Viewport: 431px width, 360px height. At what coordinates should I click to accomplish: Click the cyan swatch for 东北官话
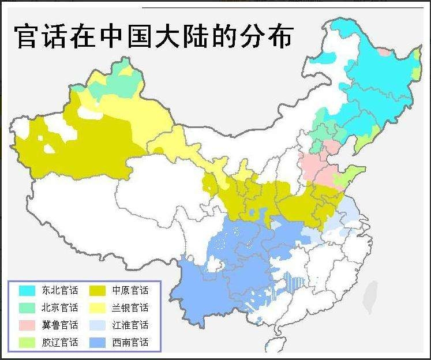pyautogui.click(x=27, y=290)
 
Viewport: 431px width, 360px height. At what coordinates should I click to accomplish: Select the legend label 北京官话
pyautogui.click(x=59, y=307)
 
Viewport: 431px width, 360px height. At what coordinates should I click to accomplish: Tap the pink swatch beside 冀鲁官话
pyautogui.click(x=27, y=325)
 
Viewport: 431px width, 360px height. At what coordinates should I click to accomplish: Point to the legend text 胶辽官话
pyautogui.click(x=59, y=342)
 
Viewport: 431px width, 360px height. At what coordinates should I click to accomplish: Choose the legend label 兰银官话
pyautogui.click(x=130, y=307)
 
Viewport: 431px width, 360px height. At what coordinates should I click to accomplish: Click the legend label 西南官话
pyautogui.click(x=130, y=342)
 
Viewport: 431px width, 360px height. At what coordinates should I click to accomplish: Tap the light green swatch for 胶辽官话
pyautogui.click(x=27, y=342)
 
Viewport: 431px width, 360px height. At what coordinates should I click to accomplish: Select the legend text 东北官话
pyautogui.click(x=59, y=290)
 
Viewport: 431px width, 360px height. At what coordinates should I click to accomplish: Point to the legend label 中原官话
pyautogui.click(x=130, y=290)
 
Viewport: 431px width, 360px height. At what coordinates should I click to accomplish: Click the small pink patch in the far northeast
pyautogui.click(x=384, y=52)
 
